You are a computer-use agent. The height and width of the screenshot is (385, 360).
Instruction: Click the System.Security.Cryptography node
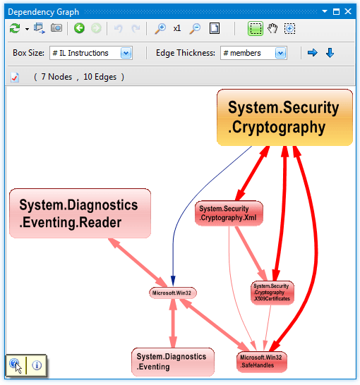click(x=284, y=117)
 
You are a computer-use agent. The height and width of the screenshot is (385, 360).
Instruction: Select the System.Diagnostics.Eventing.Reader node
click(x=80, y=214)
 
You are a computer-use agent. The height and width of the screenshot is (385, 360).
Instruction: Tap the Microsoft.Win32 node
click(x=173, y=293)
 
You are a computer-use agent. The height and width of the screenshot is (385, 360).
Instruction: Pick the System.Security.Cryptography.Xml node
click(x=229, y=214)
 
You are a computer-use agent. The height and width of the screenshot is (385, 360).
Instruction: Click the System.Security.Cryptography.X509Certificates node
click(x=272, y=293)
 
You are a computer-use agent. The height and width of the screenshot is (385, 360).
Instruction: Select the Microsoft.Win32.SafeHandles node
click(x=262, y=362)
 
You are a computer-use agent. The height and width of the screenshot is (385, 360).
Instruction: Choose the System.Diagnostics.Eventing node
click(x=173, y=362)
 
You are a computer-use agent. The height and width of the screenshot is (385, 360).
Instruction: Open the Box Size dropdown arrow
click(x=126, y=53)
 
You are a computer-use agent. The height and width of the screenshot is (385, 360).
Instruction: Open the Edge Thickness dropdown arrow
click(x=281, y=53)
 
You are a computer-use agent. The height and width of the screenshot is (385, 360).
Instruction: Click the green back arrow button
click(x=79, y=28)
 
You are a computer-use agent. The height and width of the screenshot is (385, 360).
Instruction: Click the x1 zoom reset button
click(x=177, y=28)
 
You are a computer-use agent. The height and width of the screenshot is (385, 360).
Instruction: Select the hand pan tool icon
click(x=272, y=28)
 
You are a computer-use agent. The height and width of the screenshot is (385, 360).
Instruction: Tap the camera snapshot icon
click(x=56, y=28)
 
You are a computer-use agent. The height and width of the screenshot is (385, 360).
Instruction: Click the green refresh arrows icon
click(x=15, y=28)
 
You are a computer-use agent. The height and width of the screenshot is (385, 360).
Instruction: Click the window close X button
click(x=348, y=11)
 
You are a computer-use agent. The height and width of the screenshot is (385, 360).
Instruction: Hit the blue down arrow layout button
click(x=330, y=53)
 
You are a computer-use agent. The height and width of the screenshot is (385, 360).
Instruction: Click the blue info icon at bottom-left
click(x=37, y=365)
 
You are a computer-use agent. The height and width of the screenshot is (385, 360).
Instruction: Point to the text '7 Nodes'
click(x=56, y=77)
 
